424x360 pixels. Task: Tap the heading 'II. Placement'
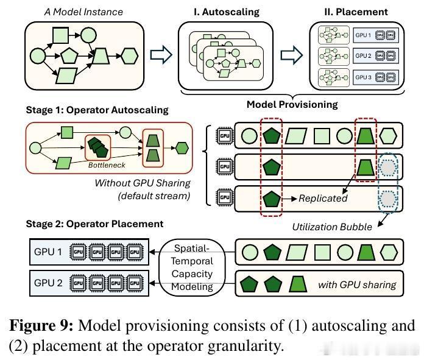[355, 11]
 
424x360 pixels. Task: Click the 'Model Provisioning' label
[292, 104]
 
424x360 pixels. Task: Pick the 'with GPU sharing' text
[356, 284]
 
